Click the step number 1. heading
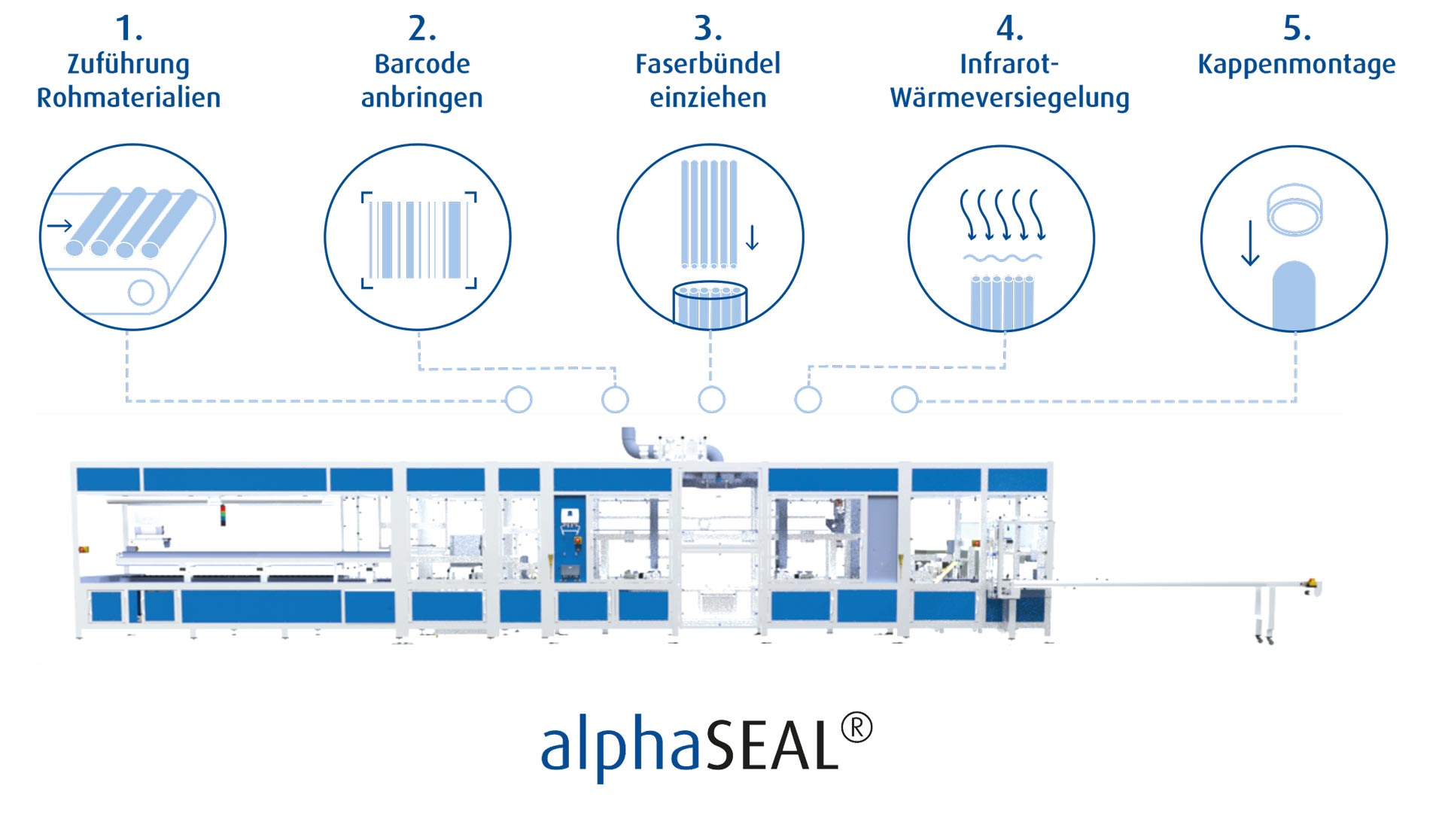[x=129, y=29]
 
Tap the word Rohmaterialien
[x=129, y=98]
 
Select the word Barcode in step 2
[x=422, y=64]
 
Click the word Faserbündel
[x=707, y=64]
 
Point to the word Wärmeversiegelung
[x=1009, y=98]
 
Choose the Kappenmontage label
[x=1296, y=64]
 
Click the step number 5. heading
[x=1296, y=29]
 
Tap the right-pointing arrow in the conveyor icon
[x=60, y=225]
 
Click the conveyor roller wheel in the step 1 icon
[x=141, y=291]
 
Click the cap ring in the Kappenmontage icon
[x=1294, y=210]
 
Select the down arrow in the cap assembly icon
[x=1250, y=243]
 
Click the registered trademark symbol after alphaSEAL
[x=856, y=728]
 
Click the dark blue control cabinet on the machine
[x=570, y=537]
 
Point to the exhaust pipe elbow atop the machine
[x=631, y=442]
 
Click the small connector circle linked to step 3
[x=711, y=400]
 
